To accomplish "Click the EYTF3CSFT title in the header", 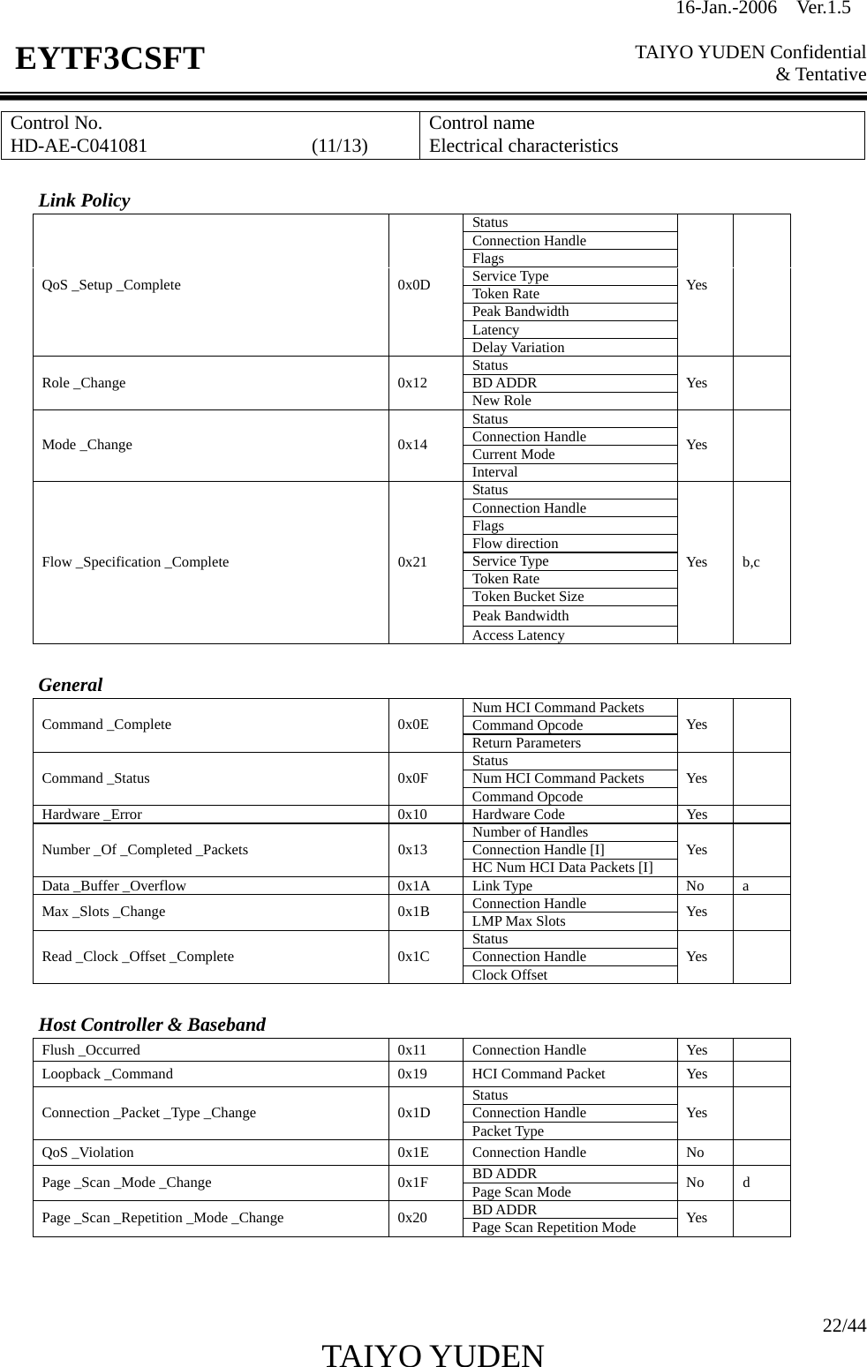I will point(109,59).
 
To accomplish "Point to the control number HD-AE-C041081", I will point(79,146).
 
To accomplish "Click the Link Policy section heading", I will point(84,200).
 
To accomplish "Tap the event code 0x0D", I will point(414,285).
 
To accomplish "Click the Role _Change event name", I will point(84,383).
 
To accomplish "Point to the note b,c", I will point(751,562).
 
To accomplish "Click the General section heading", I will point(71,685).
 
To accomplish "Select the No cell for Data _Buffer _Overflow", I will point(696,886).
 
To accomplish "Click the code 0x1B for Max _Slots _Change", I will point(414,912).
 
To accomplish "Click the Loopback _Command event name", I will point(108,1074).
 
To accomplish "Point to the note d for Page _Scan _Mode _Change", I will point(747,1183).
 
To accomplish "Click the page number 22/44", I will point(844,1326).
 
